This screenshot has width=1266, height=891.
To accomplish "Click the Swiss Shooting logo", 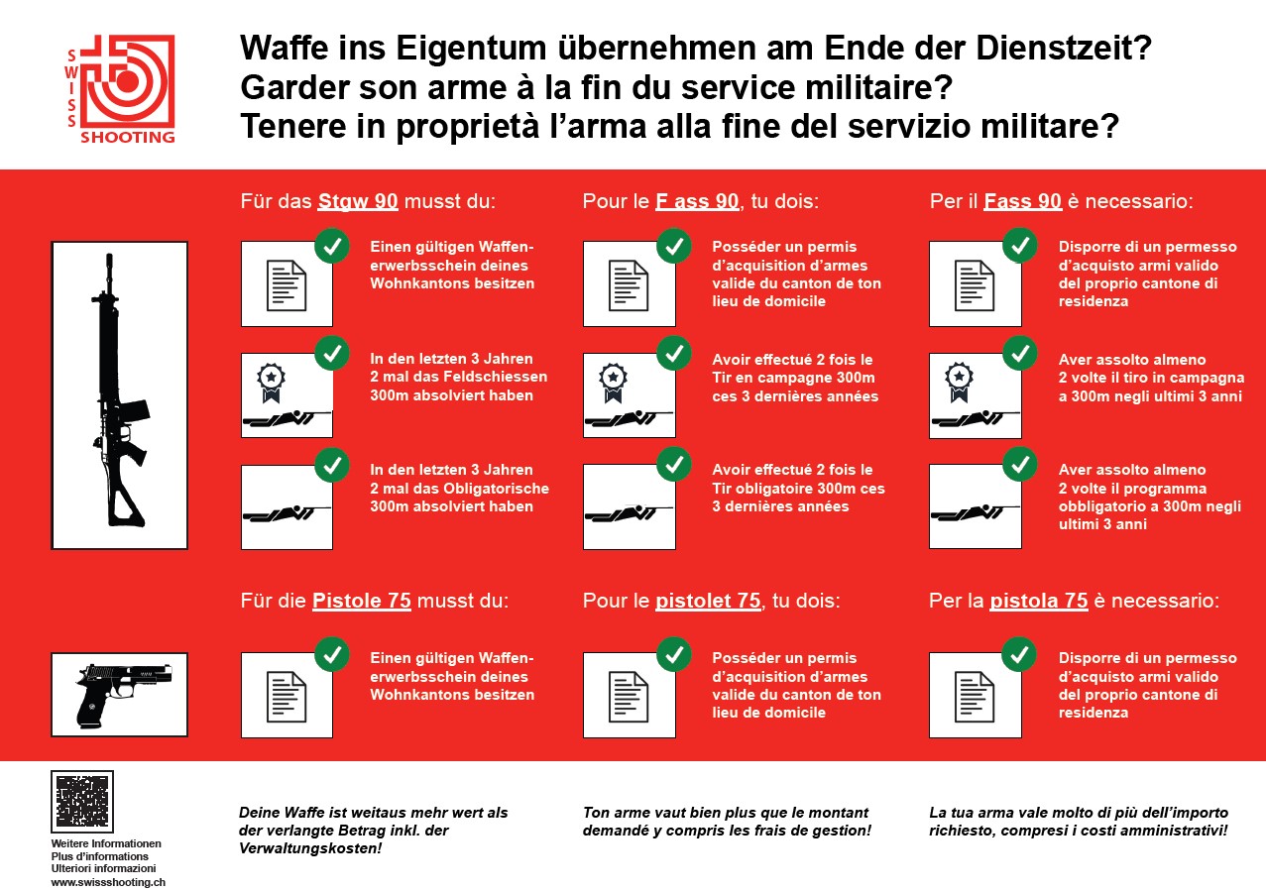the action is click(120, 89).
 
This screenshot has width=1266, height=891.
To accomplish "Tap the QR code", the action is click(82, 801).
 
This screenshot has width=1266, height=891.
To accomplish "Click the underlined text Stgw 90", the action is click(358, 202).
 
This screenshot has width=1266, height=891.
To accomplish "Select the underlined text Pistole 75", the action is click(362, 601).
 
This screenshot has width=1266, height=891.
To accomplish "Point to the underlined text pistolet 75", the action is click(708, 601).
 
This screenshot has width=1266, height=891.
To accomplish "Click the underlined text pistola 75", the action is click(1038, 601).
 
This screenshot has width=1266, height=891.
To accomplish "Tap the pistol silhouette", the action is click(123, 695).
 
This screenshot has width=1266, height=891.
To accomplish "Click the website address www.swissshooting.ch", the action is click(108, 882).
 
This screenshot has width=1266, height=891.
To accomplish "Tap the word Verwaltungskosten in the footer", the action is click(310, 848).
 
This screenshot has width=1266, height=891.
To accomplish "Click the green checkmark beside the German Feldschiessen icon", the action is click(332, 353).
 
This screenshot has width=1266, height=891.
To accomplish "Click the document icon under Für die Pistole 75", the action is click(287, 697).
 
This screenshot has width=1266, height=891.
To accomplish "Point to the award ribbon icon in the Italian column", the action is click(959, 382).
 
